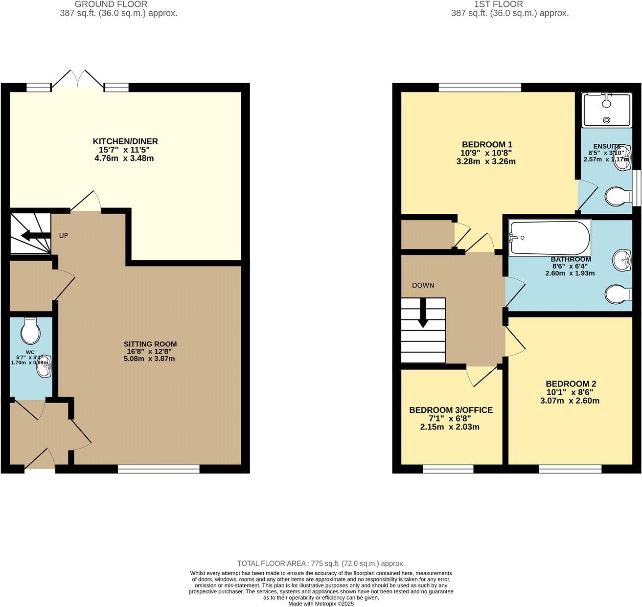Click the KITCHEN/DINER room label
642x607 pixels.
[125, 141]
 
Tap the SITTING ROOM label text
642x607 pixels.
[150, 344]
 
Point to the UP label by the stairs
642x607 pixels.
[64, 236]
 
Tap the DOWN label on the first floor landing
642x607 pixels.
[423, 285]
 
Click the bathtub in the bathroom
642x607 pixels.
[550, 238]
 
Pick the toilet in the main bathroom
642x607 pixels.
[618, 295]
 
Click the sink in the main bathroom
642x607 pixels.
[622, 259]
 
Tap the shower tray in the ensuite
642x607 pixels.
[606, 110]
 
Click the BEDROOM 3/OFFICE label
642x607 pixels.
[451, 410]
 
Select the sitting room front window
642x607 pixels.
[159, 469]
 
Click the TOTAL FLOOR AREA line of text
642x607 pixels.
[321, 563]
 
